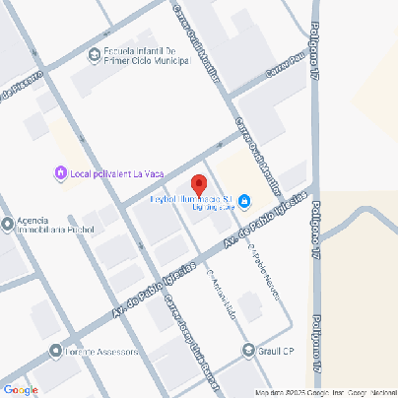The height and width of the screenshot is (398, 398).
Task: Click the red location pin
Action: (x=198, y=185)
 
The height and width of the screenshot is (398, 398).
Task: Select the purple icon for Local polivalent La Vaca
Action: (x=60, y=174)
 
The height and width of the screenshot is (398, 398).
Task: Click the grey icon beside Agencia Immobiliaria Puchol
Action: (x=8, y=221)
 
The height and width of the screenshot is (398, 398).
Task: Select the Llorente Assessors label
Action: (x=102, y=351)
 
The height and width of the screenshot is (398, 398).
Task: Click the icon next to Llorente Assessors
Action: (x=56, y=351)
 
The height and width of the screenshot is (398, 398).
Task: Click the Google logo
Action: (x=20, y=390)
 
